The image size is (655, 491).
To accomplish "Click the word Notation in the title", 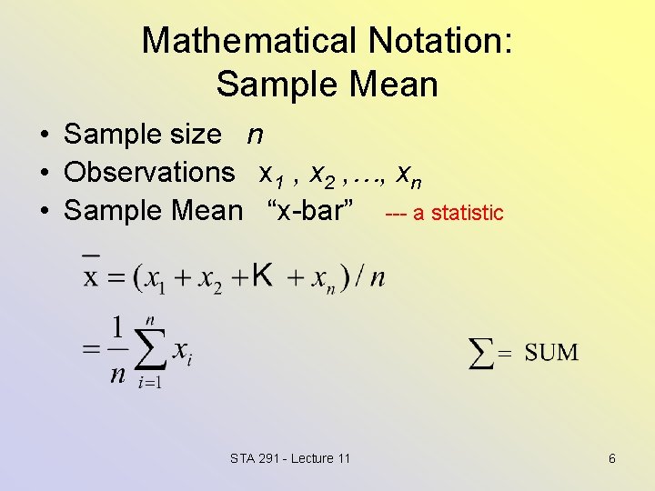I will pyautogui.click(x=441, y=41).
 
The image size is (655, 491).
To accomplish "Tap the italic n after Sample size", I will pyautogui.click(x=256, y=135).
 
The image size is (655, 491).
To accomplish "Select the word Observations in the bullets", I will pyautogui.click(x=149, y=172).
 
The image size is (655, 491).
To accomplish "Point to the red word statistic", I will pyautogui.click(x=467, y=213).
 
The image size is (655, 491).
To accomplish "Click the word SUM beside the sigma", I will pyautogui.click(x=551, y=352).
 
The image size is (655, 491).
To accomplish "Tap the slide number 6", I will pyautogui.click(x=612, y=458).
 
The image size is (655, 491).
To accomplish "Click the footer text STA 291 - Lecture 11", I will pyautogui.click(x=290, y=458).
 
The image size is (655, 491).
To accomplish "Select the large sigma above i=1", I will pyautogui.click(x=150, y=347).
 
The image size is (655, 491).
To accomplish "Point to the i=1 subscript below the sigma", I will pyautogui.click(x=149, y=383).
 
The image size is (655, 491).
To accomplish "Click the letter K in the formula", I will pyautogui.click(x=262, y=273).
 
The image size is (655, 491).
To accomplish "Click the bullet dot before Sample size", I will pyautogui.click(x=44, y=135).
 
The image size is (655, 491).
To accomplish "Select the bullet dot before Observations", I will pyautogui.click(x=44, y=173).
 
